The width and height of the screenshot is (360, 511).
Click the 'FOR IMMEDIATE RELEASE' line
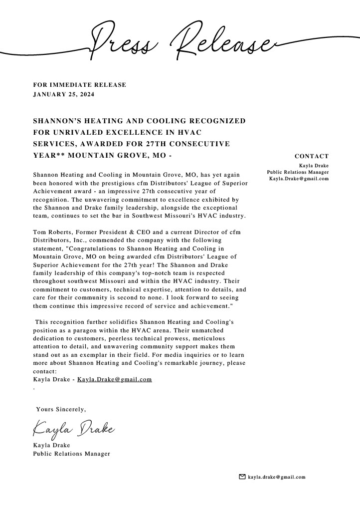click(80, 85)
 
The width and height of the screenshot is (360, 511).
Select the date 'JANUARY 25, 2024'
click(63, 94)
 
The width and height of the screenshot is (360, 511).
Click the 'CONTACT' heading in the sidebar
click(312, 156)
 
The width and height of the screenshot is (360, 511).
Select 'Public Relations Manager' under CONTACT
click(298, 172)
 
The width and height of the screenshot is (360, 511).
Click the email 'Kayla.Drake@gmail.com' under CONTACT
click(299, 179)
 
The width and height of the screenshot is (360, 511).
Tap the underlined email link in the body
click(114, 380)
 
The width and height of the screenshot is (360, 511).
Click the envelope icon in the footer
click(242, 477)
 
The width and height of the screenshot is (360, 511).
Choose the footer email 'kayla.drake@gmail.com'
click(277, 477)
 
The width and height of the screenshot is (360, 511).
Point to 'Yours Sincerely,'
click(61, 409)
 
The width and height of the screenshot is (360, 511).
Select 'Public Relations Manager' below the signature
click(71, 454)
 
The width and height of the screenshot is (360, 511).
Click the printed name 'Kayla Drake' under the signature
click(51, 445)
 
